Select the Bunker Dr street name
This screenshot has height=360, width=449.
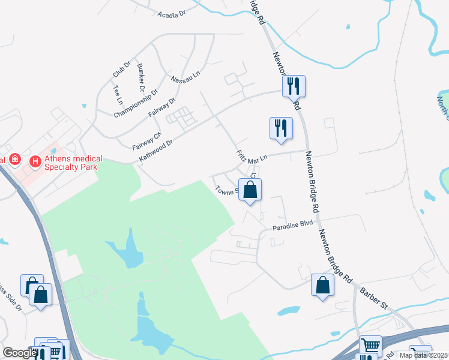(141, 76)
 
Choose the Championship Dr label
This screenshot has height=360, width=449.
(136, 103)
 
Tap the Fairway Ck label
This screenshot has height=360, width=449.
(147, 141)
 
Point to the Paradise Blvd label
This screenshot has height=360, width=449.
(294, 227)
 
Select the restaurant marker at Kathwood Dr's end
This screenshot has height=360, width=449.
(294, 86)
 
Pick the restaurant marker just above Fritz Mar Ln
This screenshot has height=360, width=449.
(280, 128)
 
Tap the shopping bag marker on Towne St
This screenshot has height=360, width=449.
(250, 190)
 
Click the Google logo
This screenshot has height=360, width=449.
(19, 353)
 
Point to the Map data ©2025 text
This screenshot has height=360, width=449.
(423, 355)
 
